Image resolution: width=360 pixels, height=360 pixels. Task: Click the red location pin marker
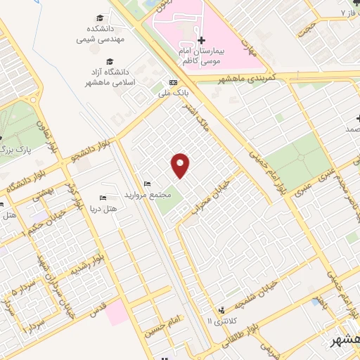(181, 165)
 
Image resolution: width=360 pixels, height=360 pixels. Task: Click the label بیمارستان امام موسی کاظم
(198, 57)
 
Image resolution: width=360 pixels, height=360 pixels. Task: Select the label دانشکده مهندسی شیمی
(101, 34)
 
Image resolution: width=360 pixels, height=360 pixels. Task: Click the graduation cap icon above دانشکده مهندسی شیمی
(101, 18)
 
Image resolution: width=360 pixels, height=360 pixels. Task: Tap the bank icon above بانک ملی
(173, 82)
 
